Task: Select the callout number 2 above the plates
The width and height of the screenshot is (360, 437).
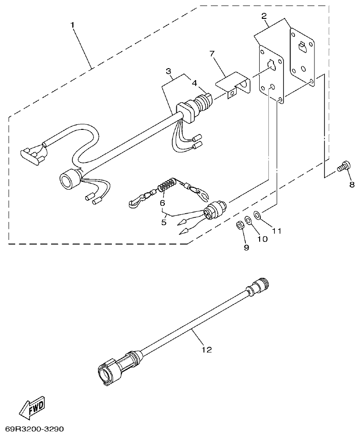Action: pyautogui.click(x=264, y=16)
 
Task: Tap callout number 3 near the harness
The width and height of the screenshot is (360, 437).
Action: pyautogui.click(x=168, y=71)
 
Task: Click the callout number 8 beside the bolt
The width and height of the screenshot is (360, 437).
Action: pyautogui.click(x=352, y=185)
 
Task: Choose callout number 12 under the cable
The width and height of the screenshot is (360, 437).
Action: pyautogui.click(x=207, y=350)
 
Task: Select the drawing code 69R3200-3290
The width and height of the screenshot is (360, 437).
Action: pyautogui.click(x=32, y=429)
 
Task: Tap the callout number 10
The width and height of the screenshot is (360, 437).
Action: pyautogui.click(x=261, y=239)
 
